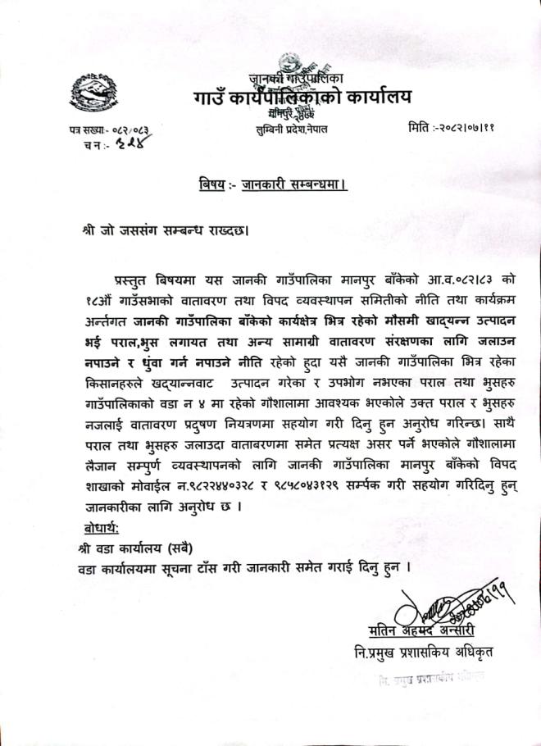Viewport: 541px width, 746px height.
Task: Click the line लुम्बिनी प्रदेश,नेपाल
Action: [291, 130]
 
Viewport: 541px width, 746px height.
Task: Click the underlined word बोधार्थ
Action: [94, 525]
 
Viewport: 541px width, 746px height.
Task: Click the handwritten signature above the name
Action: [443, 605]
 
